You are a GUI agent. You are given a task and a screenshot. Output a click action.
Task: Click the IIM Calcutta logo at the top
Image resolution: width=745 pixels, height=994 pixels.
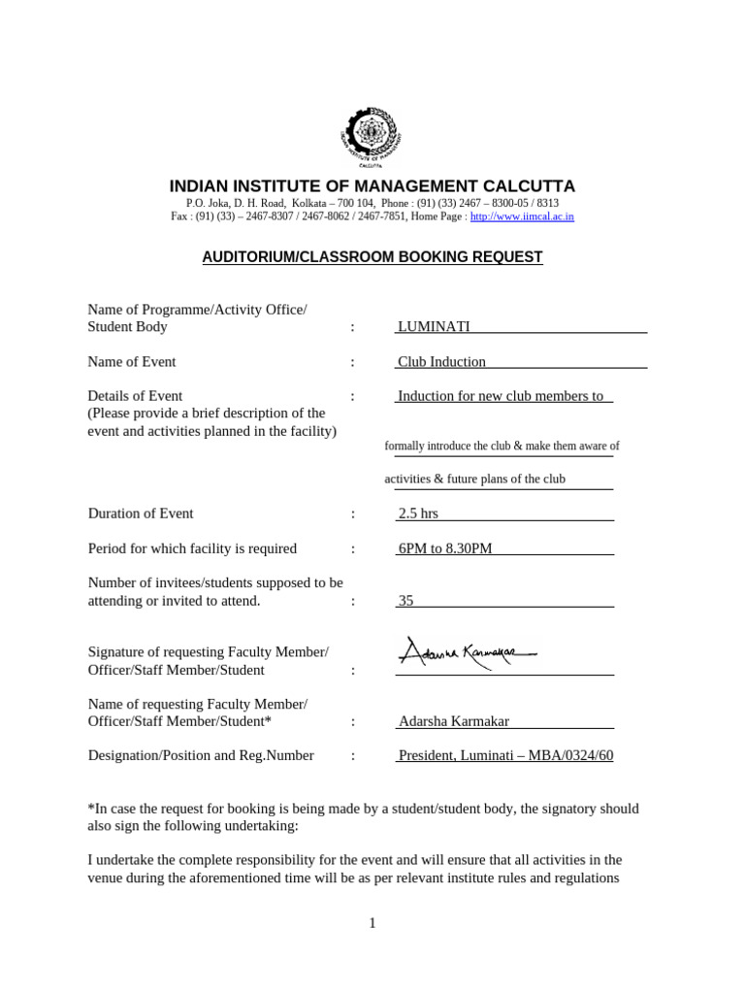point(372,135)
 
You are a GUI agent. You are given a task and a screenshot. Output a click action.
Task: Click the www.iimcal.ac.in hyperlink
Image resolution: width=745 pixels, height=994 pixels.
point(522,216)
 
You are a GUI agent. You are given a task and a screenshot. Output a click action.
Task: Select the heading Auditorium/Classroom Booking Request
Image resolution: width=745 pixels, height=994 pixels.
point(372,257)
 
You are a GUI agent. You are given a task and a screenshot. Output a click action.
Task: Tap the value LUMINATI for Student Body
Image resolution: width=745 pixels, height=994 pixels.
point(434,327)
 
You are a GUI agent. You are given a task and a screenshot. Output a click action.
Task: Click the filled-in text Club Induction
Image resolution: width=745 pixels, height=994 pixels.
point(441,362)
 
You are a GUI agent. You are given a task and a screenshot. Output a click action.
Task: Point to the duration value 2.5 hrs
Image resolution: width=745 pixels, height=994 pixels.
point(418,514)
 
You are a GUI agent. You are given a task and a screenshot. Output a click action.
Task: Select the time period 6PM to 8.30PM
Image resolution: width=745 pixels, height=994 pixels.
point(445,548)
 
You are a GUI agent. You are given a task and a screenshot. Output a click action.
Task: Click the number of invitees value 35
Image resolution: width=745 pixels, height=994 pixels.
point(405,601)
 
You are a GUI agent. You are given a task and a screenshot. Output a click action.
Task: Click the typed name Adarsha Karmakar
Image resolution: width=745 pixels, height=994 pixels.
point(453,721)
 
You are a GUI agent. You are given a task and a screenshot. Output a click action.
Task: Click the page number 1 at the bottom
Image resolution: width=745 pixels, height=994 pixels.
point(372,923)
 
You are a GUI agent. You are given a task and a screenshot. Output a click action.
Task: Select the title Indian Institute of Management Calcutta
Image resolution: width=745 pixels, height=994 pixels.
point(372,186)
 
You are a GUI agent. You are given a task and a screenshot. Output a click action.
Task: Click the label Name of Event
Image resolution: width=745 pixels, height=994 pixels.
point(132,362)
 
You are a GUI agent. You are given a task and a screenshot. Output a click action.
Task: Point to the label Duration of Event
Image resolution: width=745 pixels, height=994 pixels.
point(141,514)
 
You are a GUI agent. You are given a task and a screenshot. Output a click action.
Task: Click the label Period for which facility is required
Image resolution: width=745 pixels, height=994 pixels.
point(192,548)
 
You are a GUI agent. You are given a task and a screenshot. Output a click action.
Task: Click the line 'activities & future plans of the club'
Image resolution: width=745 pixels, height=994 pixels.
point(474,480)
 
